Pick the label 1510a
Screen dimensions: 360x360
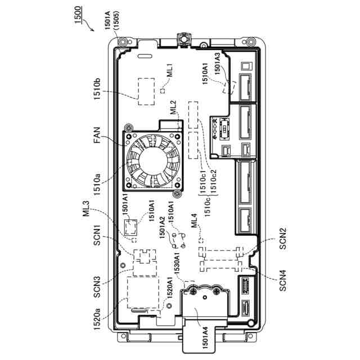(x=97, y=184)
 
